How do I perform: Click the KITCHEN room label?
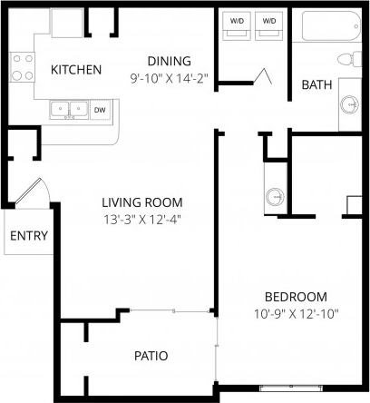75,70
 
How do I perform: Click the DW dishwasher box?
99,111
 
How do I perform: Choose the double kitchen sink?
68,111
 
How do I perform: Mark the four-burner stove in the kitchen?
22,66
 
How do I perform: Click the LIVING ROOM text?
142,202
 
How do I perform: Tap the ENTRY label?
29,237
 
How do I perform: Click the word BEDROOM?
296,297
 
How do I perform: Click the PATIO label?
151,355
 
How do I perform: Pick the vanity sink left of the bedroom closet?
276,196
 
